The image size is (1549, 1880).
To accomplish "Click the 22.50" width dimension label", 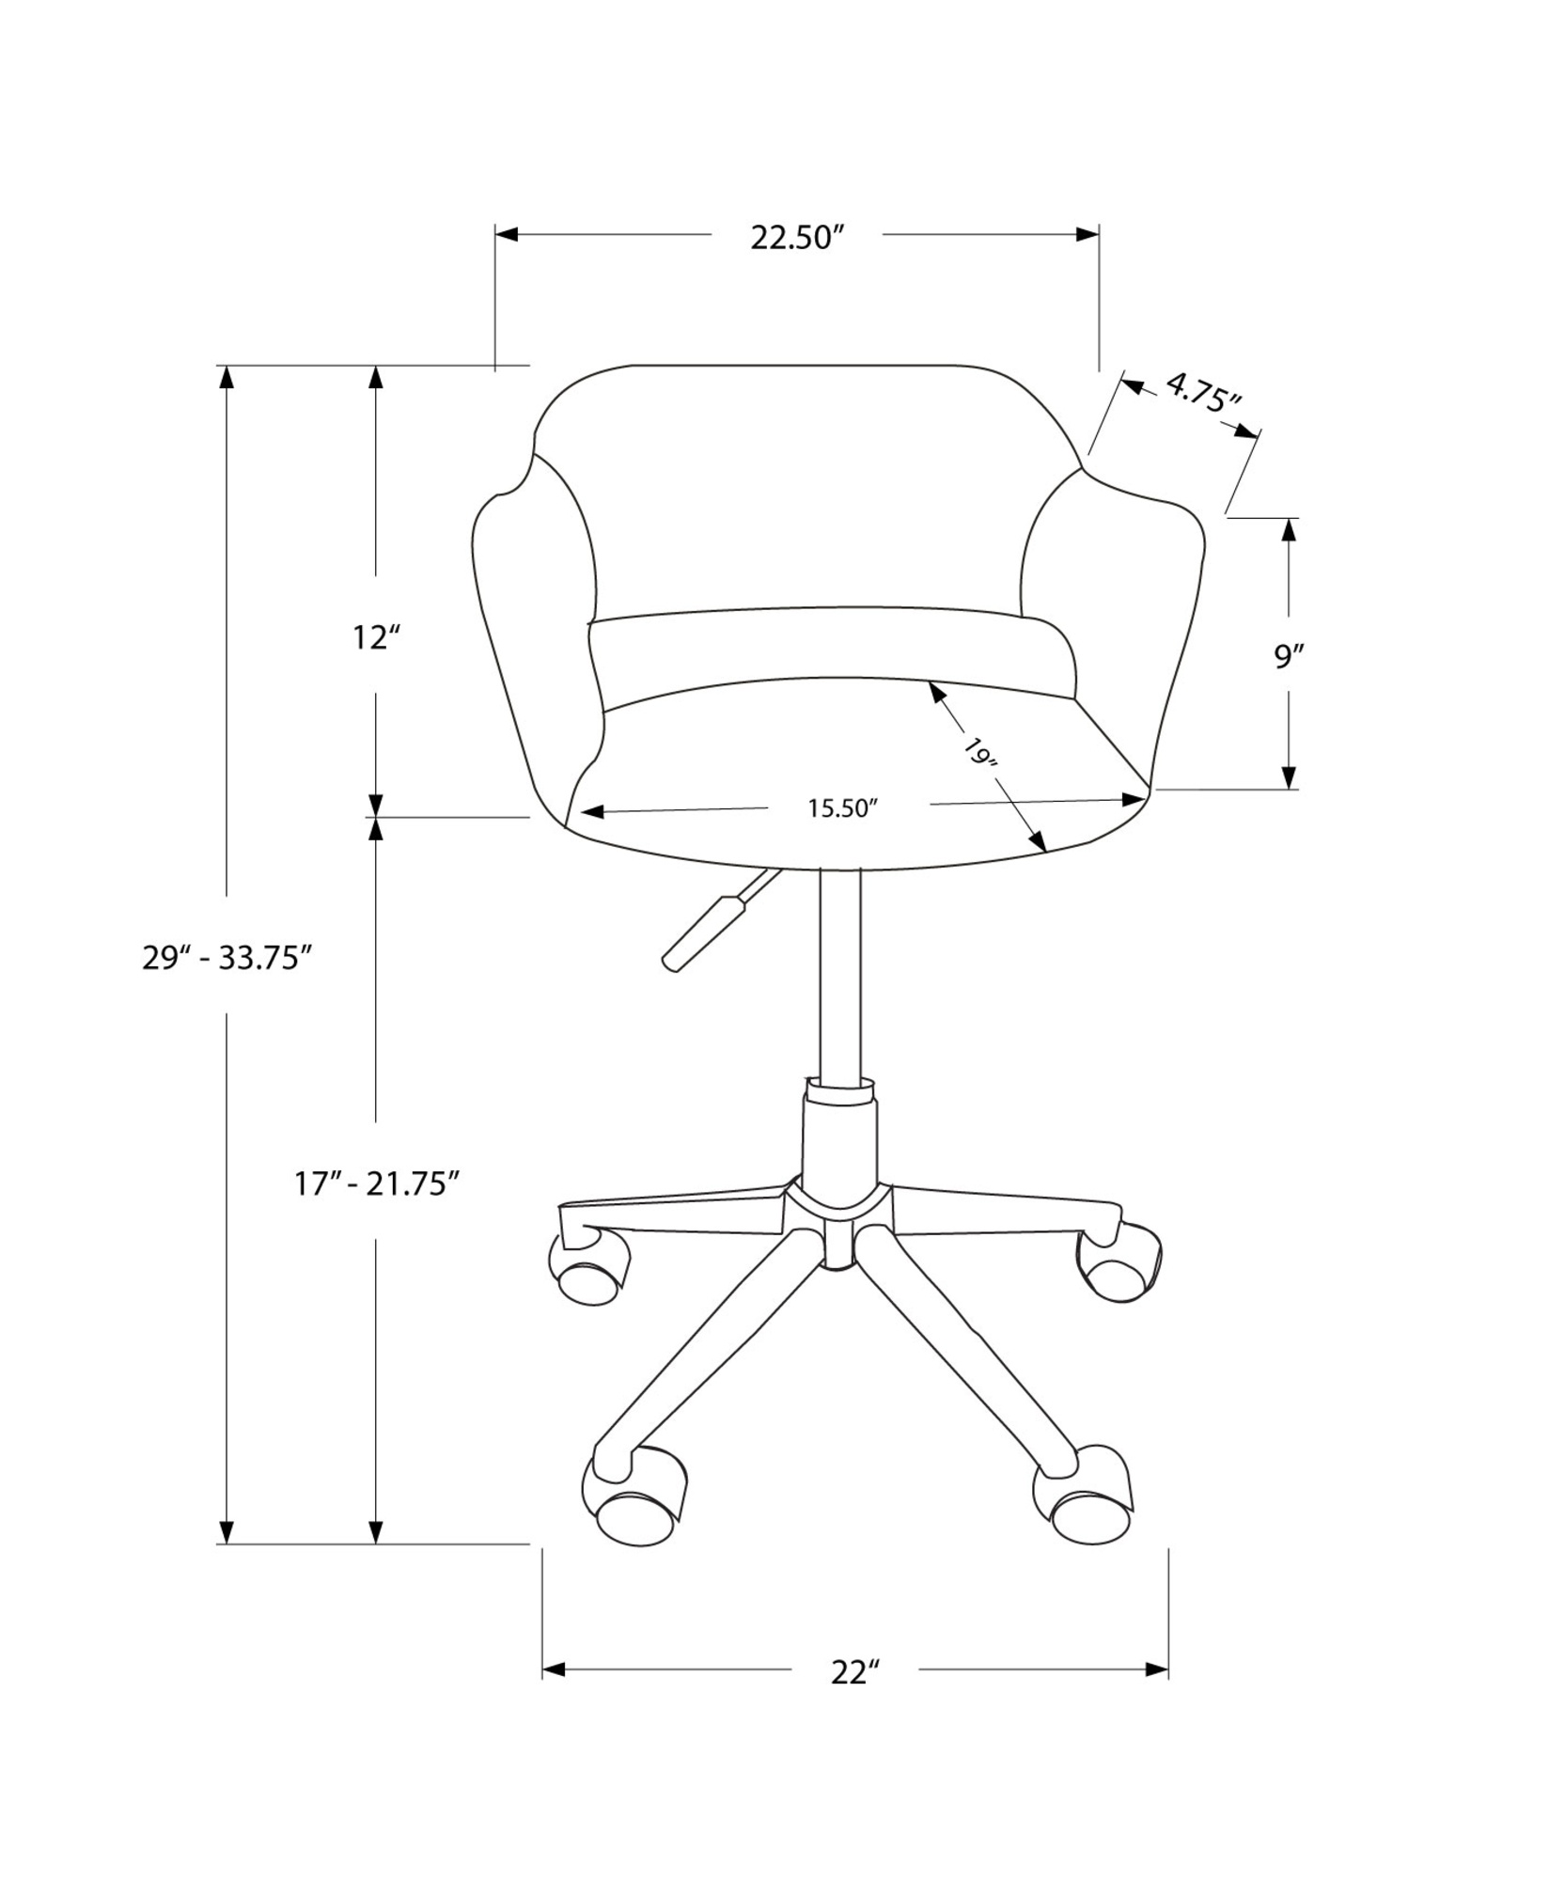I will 794,238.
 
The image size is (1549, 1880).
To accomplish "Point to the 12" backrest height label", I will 376,638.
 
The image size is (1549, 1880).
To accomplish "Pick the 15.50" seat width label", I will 842,808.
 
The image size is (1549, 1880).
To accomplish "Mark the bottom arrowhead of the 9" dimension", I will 1289,776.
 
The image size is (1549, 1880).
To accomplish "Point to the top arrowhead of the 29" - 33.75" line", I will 227,376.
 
